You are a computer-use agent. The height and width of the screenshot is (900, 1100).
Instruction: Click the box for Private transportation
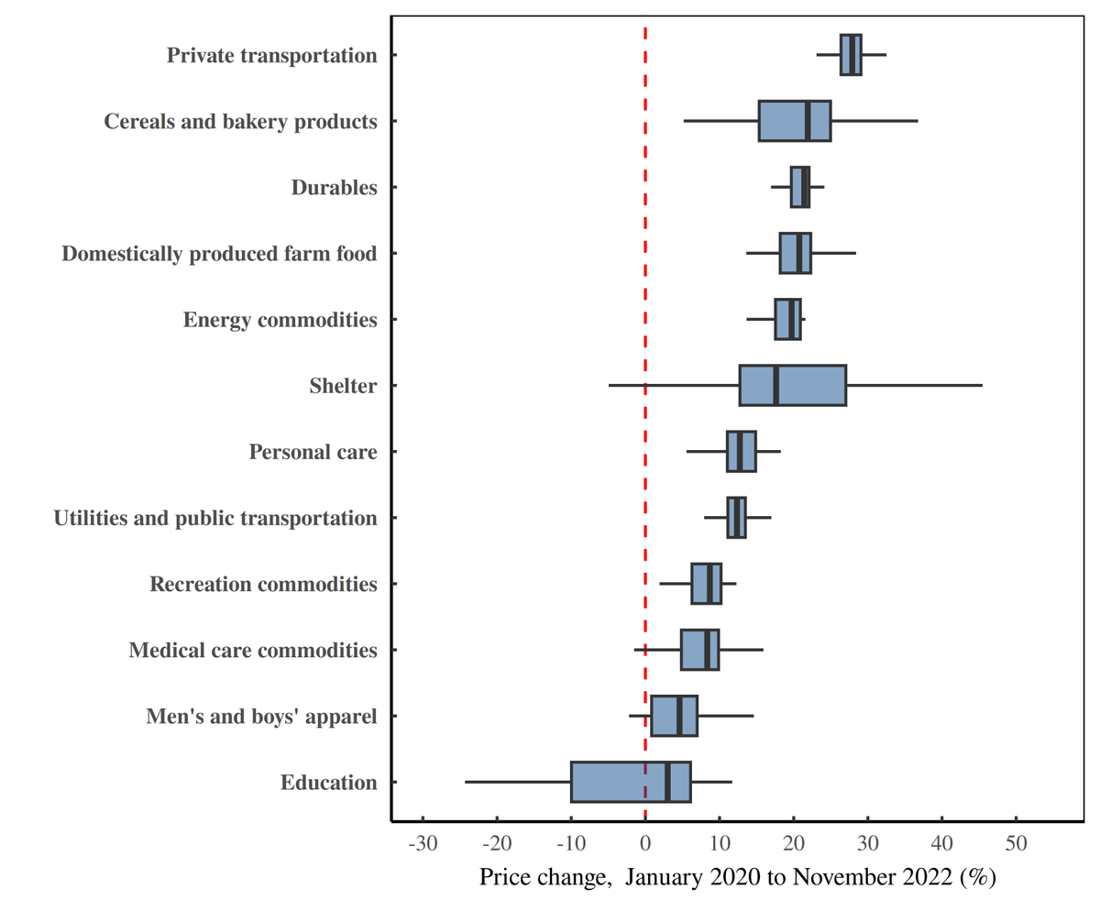click(851, 55)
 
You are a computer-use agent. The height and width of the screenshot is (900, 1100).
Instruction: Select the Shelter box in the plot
click(793, 385)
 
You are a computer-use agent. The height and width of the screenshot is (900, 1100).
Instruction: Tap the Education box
click(631, 782)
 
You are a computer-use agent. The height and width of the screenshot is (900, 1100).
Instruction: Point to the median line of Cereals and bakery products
click(807, 121)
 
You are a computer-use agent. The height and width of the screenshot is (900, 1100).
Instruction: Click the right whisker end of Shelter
click(982, 385)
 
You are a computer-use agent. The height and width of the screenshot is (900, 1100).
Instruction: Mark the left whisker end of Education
click(466, 782)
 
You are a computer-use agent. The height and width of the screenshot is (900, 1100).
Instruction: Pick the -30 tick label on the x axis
click(423, 843)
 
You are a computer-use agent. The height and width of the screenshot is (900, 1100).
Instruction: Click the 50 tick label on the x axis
click(1016, 843)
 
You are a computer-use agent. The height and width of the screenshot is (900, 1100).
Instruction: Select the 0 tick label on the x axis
click(645, 843)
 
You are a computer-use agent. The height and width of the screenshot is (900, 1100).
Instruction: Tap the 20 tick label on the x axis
click(794, 843)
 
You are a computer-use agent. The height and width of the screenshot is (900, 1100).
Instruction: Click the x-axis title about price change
click(737, 877)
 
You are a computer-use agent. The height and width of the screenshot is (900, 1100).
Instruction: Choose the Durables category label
click(334, 188)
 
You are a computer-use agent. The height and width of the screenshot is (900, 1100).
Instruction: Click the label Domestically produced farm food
click(219, 254)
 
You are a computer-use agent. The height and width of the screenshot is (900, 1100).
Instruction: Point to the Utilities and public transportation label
click(215, 519)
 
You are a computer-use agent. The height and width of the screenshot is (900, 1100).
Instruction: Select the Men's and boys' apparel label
click(261, 717)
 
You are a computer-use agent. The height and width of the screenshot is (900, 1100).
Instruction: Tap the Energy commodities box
click(787, 319)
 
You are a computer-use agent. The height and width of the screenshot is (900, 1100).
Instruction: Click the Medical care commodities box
click(699, 650)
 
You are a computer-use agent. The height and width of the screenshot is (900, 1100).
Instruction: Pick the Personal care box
click(741, 451)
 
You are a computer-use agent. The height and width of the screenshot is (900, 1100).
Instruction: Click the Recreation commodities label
click(263, 584)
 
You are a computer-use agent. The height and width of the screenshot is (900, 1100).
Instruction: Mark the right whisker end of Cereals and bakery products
click(917, 121)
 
